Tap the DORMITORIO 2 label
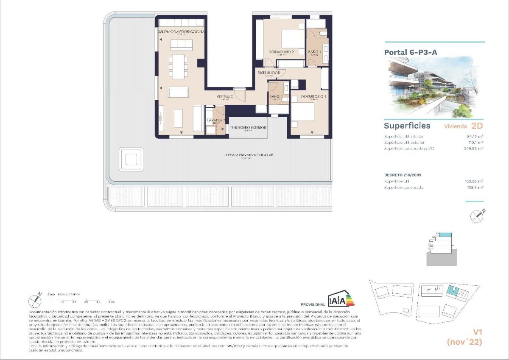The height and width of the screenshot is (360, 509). [x=281, y=52]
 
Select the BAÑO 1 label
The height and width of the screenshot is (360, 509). [x=315, y=52]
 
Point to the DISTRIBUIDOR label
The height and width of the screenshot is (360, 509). [x=268, y=73]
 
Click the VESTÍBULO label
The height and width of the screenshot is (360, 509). [x=225, y=97]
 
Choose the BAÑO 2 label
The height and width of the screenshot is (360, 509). [x=276, y=97]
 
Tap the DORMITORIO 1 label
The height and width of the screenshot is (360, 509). [x=313, y=97]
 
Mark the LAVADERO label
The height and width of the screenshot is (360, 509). [x=215, y=121]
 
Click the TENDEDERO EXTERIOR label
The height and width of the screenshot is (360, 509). [x=248, y=128]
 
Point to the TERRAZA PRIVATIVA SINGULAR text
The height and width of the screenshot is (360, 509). [x=249, y=155]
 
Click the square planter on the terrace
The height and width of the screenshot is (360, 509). [x=131, y=159]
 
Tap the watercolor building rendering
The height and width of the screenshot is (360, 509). [x=436, y=87]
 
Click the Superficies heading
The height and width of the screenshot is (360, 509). [x=407, y=126]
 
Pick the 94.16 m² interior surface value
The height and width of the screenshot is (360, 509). [x=475, y=136]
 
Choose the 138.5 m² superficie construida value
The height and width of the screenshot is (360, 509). [x=475, y=187]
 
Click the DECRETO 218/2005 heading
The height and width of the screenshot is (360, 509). [x=403, y=175]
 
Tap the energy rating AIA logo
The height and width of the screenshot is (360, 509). [x=341, y=299]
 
